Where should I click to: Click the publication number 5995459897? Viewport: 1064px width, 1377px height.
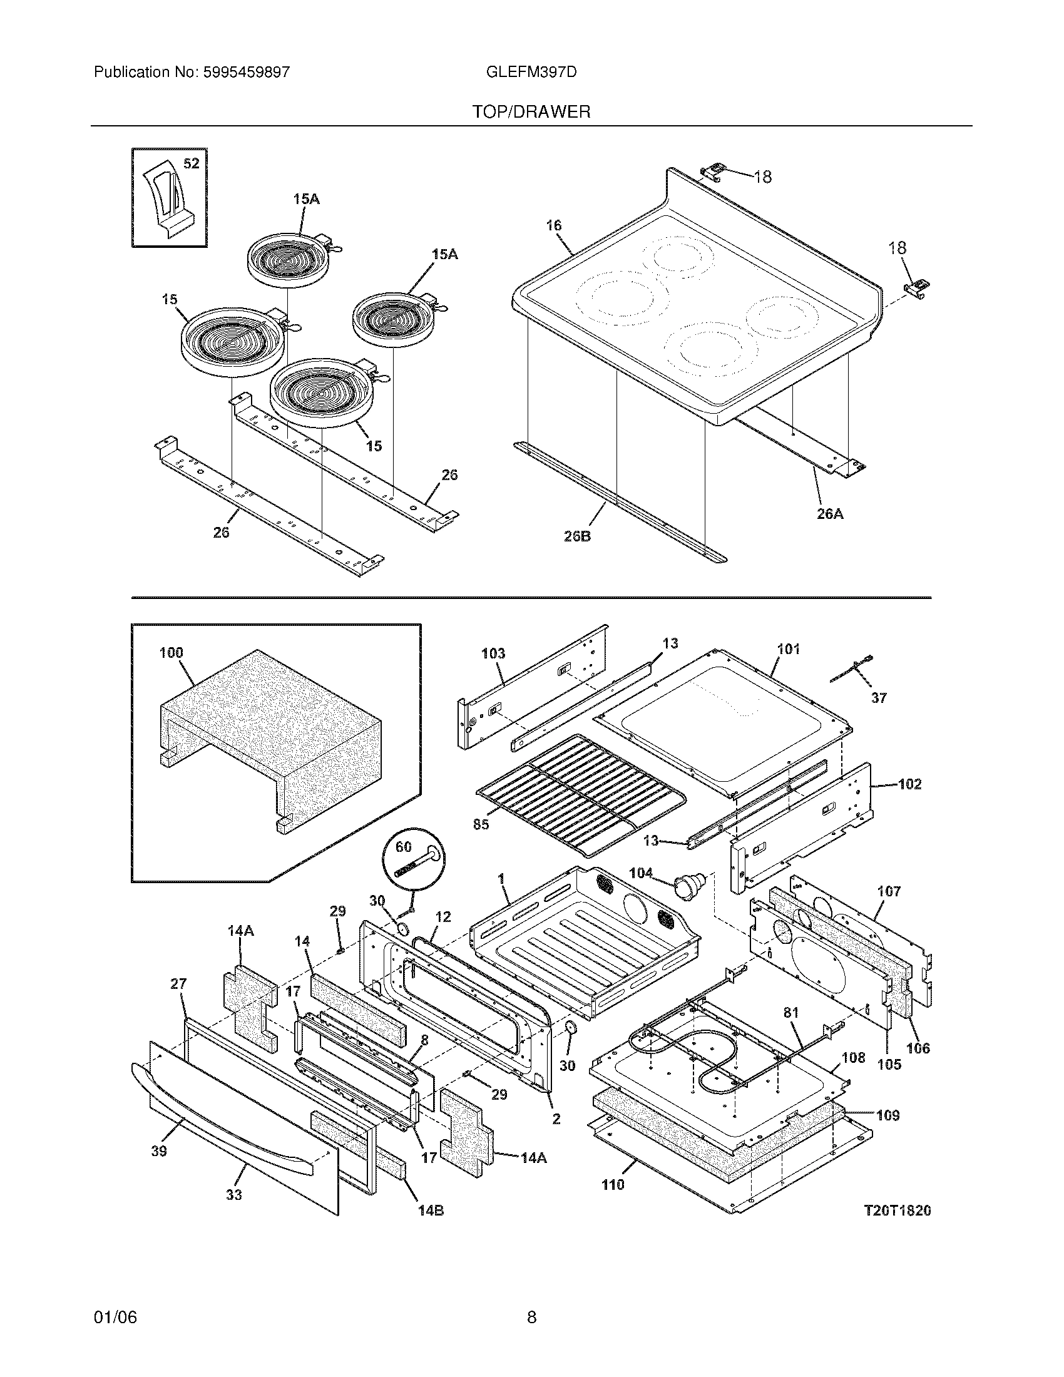click(x=246, y=72)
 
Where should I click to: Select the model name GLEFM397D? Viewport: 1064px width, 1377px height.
click(x=531, y=72)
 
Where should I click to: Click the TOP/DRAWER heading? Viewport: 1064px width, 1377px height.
click(x=531, y=112)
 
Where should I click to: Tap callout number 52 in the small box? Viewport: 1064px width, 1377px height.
click(x=191, y=164)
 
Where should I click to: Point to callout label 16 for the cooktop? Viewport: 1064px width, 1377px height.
click(x=553, y=225)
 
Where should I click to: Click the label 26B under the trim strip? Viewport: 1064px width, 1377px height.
click(x=577, y=537)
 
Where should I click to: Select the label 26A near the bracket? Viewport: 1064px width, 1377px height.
click(x=829, y=514)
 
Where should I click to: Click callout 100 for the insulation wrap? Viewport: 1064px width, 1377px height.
click(x=171, y=653)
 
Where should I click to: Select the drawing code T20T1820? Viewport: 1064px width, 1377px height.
click(x=897, y=1211)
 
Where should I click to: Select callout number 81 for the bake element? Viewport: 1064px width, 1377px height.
click(x=790, y=1013)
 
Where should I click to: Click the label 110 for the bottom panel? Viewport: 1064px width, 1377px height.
click(x=612, y=1185)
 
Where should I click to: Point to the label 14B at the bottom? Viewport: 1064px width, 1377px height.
click(x=431, y=1211)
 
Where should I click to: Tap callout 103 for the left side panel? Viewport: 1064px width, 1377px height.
click(x=493, y=654)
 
